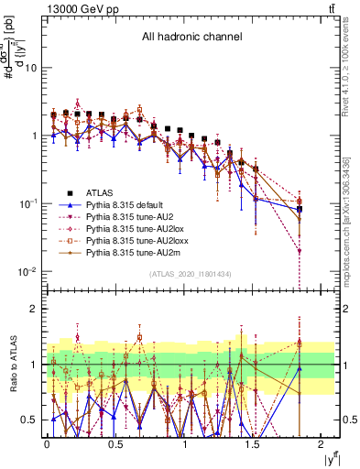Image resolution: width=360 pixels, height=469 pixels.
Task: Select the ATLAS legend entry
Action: click(x=100, y=192)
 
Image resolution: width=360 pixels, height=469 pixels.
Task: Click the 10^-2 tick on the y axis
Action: click(x=27, y=272)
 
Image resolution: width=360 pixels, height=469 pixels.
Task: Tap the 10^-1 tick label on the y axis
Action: click(x=27, y=203)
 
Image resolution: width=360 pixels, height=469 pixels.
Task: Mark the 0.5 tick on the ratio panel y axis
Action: click(x=31, y=420)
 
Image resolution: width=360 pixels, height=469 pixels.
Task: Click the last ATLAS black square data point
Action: click(x=300, y=210)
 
